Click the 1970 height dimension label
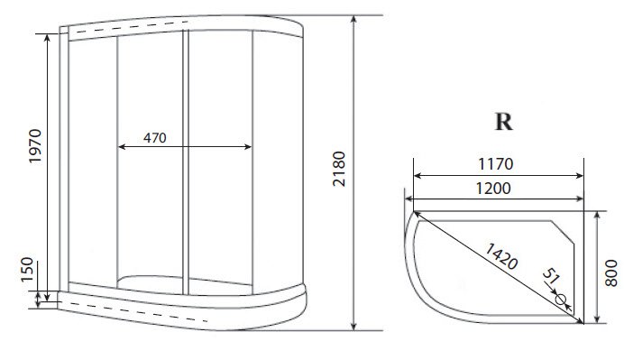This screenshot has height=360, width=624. pyautogui.click(x=35, y=146)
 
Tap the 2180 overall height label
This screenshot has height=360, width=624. pyautogui.click(x=339, y=169)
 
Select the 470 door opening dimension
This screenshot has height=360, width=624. pyautogui.click(x=155, y=138)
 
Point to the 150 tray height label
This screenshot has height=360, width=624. pyautogui.click(x=27, y=269)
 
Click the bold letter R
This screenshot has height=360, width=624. pyautogui.click(x=503, y=122)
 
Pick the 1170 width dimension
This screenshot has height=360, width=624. pyautogui.click(x=495, y=163)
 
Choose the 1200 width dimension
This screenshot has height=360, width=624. pyautogui.click(x=493, y=188)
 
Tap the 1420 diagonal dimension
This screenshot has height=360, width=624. pyautogui.click(x=501, y=256)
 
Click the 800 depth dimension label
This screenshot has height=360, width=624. pyautogui.click(x=610, y=272)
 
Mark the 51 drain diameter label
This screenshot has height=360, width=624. pyautogui.click(x=552, y=275)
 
